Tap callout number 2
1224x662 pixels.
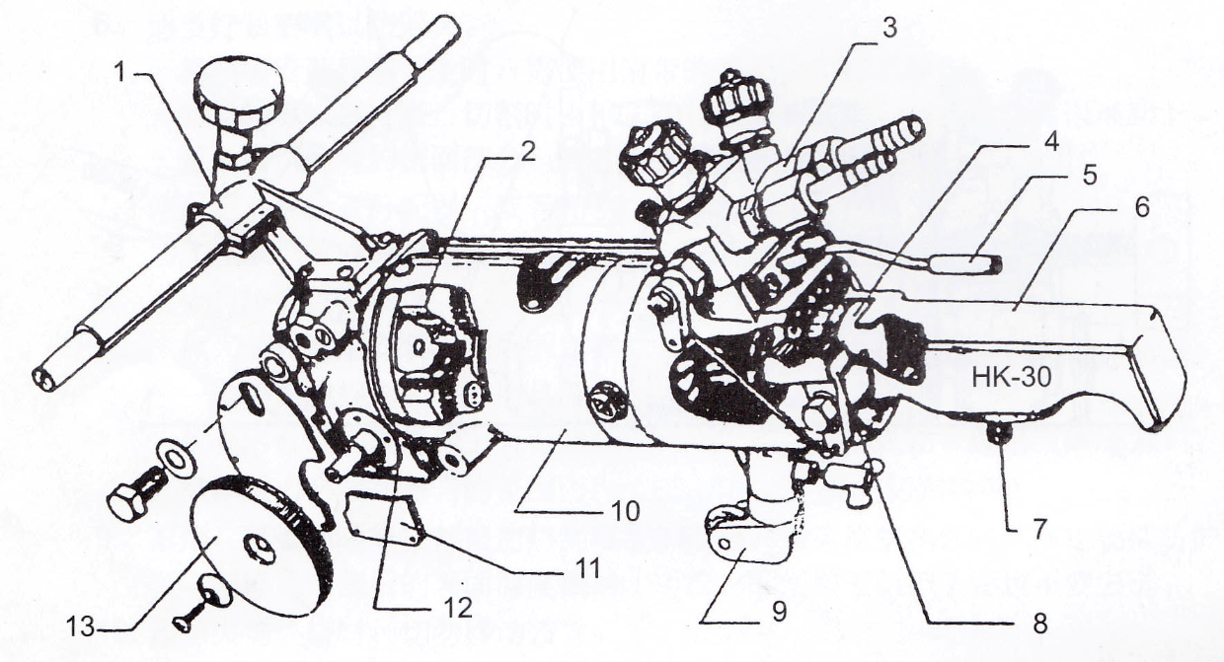click(527, 153)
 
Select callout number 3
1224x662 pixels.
click(889, 28)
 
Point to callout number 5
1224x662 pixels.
click(1090, 176)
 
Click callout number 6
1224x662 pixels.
click(1142, 208)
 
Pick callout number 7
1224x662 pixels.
click(1038, 528)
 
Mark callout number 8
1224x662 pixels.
click(1040, 623)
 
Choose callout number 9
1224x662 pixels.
click(779, 612)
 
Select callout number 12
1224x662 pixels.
click(458, 608)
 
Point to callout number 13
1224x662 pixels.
click(80, 627)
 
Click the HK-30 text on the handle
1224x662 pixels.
click(1012, 377)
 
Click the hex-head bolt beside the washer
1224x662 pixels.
click(136, 495)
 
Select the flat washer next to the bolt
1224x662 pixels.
click(176, 460)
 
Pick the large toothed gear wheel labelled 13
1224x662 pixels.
click(262, 547)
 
